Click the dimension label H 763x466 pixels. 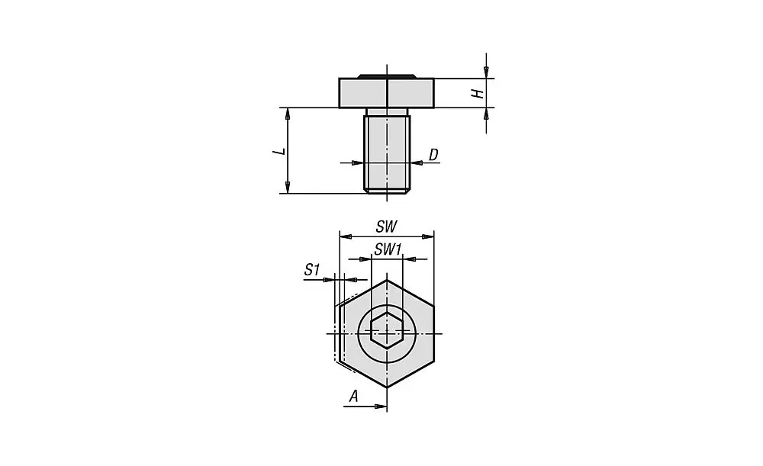coord(476,93)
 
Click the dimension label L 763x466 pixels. coord(280,151)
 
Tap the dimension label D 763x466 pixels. coord(433,155)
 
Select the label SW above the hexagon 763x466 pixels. coord(387,227)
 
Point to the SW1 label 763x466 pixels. coord(388,249)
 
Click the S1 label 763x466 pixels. coord(311,269)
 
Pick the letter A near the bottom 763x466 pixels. coord(353,396)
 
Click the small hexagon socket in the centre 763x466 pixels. coord(387,333)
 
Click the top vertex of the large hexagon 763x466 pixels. coord(387,279)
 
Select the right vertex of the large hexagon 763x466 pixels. coord(434,333)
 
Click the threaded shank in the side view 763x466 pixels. coord(387,153)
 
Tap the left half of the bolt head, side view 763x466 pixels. coord(363,93)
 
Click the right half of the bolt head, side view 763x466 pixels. coord(410,93)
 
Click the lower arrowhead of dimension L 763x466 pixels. coord(288,188)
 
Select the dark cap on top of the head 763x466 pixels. coord(387,76)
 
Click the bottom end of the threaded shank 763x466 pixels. coord(387,191)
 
